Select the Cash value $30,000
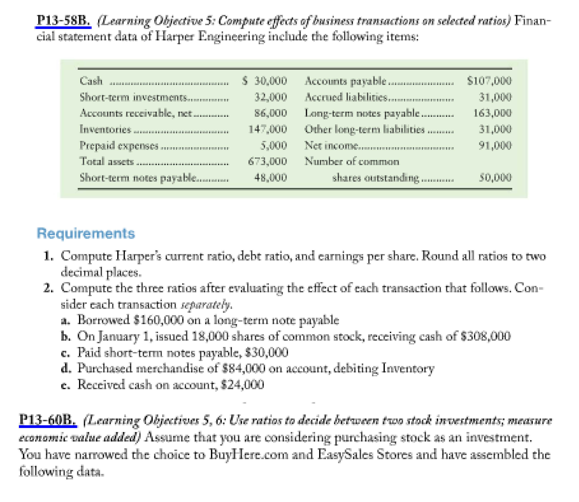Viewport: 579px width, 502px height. tap(265, 81)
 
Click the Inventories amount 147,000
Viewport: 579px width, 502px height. tap(268, 129)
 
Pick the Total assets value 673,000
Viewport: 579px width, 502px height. tap(268, 161)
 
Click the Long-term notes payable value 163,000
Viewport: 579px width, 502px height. tap(492, 113)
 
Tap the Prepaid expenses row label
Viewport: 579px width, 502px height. tap(119, 145)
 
